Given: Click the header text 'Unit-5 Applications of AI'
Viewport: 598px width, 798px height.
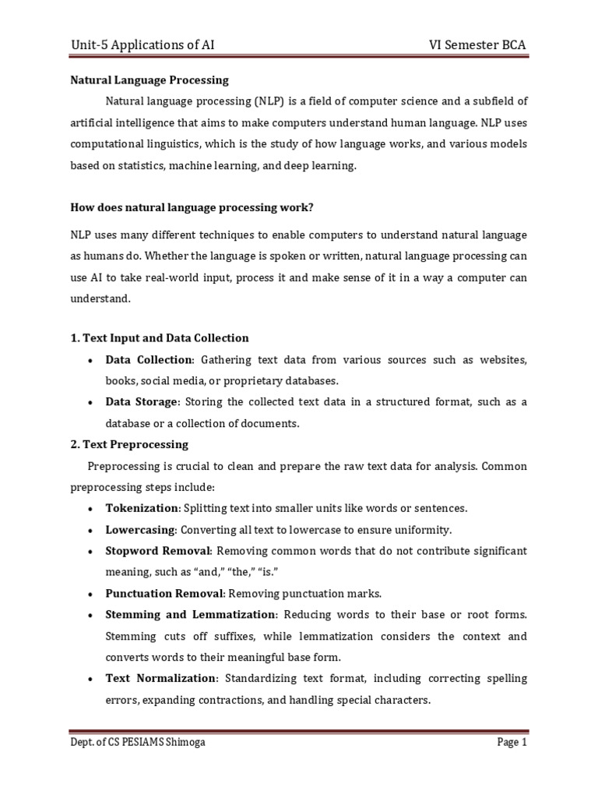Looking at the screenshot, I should tap(142, 44).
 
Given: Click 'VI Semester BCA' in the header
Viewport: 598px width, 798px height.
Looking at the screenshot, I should tap(477, 44).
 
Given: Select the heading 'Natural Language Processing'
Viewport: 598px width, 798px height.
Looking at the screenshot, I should tap(149, 79).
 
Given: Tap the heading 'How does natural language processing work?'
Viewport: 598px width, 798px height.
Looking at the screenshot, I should tap(192, 207).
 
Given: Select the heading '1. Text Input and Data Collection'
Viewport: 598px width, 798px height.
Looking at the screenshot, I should tap(160, 337).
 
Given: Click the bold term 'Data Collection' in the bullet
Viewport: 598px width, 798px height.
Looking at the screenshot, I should tap(149, 359).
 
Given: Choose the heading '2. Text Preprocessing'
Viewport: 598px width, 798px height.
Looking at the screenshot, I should tap(129, 444).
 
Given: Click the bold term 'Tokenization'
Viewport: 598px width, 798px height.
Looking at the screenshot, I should tap(142, 508).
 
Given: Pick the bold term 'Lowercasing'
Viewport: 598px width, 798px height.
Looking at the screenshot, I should tap(141, 530).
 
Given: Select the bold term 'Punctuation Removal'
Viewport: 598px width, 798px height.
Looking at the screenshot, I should tap(164, 594).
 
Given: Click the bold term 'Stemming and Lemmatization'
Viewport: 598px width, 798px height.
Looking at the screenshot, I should tap(190, 615).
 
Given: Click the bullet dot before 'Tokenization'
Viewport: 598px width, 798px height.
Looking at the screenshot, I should tap(91, 509).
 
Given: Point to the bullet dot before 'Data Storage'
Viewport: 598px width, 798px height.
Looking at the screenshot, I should tap(91, 403).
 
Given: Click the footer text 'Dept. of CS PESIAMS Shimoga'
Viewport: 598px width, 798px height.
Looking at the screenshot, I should tap(138, 743).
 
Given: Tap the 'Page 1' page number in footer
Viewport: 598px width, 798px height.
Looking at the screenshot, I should tap(512, 743).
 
